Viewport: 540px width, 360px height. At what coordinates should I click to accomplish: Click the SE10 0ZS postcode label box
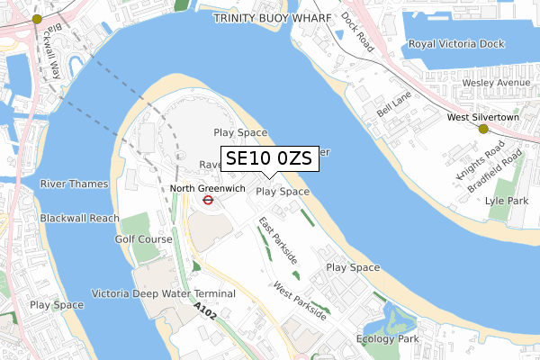click(268, 159)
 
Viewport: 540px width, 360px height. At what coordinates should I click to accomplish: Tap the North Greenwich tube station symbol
click(207, 201)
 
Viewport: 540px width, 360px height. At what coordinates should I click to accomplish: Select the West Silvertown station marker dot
click(483, 129)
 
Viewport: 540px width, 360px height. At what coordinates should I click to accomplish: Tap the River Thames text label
click(73, 184)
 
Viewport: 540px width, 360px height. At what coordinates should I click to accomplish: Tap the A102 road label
click(204, 310)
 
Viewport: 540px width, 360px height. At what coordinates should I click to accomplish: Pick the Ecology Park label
click(388, 338)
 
